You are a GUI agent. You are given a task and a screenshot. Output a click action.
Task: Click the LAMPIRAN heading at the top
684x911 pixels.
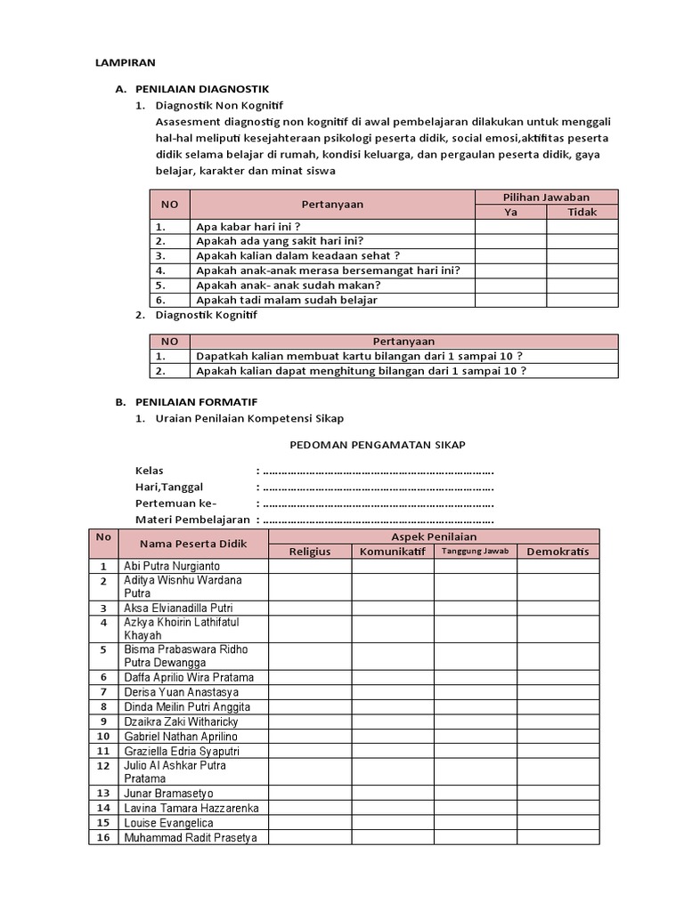click(125, 63)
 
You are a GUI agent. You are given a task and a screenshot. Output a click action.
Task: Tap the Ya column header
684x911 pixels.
click(510, 212)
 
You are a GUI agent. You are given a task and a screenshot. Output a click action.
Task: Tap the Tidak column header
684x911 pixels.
click(582, 212)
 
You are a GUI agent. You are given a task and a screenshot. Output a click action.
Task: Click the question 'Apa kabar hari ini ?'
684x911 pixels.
click(248, 227)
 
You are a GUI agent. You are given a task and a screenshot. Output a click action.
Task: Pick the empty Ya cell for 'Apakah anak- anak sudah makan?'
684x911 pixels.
click(510, 286)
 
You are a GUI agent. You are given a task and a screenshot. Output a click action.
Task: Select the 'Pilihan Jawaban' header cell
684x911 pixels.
click(546, 197)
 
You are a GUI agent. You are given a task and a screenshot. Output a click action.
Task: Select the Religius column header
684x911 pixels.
click(310, 552)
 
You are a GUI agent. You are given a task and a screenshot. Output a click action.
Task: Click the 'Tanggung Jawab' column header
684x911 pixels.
click(475, 552)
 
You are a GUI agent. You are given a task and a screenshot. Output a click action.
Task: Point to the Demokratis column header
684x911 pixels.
click(558, 552)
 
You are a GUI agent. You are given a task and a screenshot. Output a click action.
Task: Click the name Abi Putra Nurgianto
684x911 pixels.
click(173, 566)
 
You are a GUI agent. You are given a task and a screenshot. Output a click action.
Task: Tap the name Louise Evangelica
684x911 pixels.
click(168, 823)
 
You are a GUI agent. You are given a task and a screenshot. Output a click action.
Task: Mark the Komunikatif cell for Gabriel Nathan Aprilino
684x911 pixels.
click(393, 736)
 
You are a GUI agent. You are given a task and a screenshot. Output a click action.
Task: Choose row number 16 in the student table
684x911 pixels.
click(103, 837)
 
